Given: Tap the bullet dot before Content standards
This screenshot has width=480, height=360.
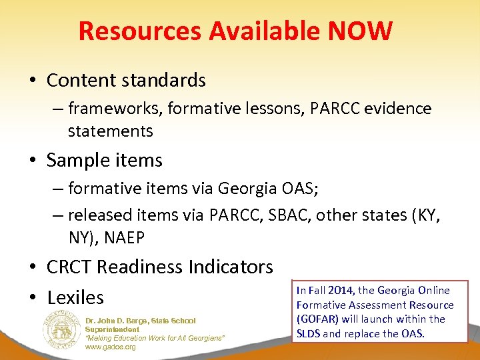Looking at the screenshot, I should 32,81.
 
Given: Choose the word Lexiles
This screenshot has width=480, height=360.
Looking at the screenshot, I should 75,297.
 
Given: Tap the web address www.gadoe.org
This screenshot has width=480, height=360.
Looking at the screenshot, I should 110,347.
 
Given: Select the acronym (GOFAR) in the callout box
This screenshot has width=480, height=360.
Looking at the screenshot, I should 317,319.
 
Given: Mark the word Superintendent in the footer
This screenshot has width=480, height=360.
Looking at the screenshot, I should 112,329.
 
